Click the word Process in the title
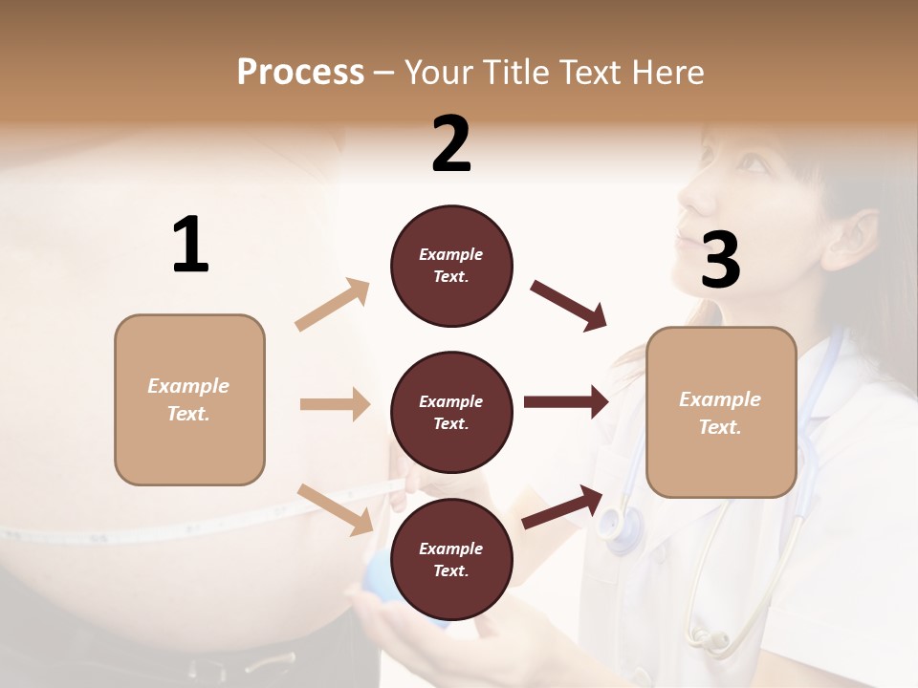300,72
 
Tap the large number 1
190,246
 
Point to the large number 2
451,144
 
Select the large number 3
720,260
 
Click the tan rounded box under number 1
189,399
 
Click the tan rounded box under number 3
721,412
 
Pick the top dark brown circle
451,266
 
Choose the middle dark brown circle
451,412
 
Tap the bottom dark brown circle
451,559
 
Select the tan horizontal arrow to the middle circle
335,404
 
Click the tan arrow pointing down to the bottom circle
336,509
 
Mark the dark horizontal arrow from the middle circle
565,402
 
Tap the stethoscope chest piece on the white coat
623,525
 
